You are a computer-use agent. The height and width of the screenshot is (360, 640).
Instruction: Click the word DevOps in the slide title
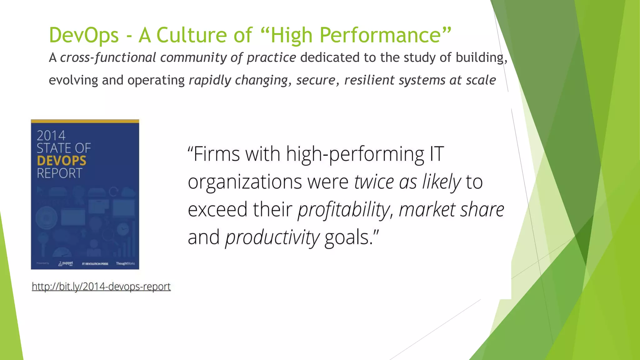coord(84,35)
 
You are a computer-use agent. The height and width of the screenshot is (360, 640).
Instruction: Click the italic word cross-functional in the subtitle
coord(108,57)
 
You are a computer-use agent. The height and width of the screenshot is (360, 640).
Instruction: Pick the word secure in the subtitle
coord(316,80)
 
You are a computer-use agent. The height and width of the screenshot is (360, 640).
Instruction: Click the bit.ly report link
coord(101,286)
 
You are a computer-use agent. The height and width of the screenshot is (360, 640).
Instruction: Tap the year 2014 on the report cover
coord(51,136)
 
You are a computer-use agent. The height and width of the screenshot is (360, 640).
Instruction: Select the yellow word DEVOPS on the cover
coord(61,161)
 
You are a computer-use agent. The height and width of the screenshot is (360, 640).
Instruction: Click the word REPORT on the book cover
coord(59,173)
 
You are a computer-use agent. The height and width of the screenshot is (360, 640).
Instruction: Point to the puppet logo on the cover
coord(66,263)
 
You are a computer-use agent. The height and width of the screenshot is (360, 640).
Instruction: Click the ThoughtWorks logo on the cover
coord(125,263)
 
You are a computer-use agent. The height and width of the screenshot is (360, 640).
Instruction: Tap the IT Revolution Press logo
coord(95,264)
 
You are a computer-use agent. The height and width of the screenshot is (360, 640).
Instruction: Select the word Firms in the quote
coord(216,154)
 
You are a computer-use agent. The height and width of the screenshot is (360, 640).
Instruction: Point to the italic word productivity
coord(272,237)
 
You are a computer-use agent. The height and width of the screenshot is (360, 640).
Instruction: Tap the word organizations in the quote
coord(245,182)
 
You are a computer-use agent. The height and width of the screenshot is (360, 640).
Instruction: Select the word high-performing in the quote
coord(355,155)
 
